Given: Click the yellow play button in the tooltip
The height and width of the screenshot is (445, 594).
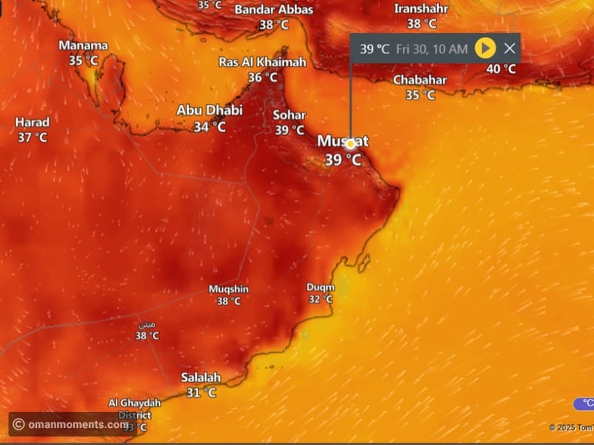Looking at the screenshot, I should (484, 49).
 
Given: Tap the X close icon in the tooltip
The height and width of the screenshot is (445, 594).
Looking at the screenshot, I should (509, 49).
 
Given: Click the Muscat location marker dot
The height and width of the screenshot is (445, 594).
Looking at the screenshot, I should (350, 143).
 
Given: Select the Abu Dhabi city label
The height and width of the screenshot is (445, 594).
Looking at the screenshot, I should (210, 110).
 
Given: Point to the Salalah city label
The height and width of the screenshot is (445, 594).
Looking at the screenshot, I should (201, 378).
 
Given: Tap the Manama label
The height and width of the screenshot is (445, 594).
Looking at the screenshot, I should (83, 46).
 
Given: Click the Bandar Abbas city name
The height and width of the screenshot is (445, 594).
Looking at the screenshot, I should (274, 10).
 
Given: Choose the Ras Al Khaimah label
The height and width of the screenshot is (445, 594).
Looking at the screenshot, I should (262, 62).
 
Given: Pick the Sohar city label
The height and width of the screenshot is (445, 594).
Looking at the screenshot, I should (289, 116).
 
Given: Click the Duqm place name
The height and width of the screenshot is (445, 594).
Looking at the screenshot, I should (320, 288).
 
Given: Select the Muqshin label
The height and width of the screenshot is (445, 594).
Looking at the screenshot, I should (229, 289).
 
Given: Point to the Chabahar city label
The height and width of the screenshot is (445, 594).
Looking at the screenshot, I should (420, 80).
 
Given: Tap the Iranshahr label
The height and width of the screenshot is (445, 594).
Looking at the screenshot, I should (421, 8).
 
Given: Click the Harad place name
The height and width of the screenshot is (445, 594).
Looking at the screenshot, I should (32, 123).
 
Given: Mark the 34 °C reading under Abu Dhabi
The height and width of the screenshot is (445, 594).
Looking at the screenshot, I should (210, 127).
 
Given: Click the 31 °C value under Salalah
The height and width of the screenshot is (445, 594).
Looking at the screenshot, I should (201, 393).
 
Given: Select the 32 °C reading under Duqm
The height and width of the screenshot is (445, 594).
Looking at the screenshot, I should (320, 299).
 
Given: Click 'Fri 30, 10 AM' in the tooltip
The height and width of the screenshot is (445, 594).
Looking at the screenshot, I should (432, 49).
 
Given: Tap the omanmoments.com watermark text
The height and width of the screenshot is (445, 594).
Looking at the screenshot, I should (77, 424).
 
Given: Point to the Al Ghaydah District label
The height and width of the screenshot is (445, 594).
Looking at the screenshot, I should (134, 408).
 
